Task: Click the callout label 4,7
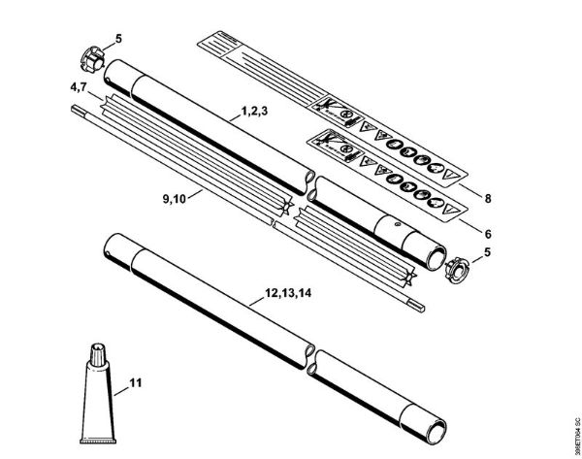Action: tap(81, 88)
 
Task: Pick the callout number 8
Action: tap(489, 198)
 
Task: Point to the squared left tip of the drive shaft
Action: tap(76, 109)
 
